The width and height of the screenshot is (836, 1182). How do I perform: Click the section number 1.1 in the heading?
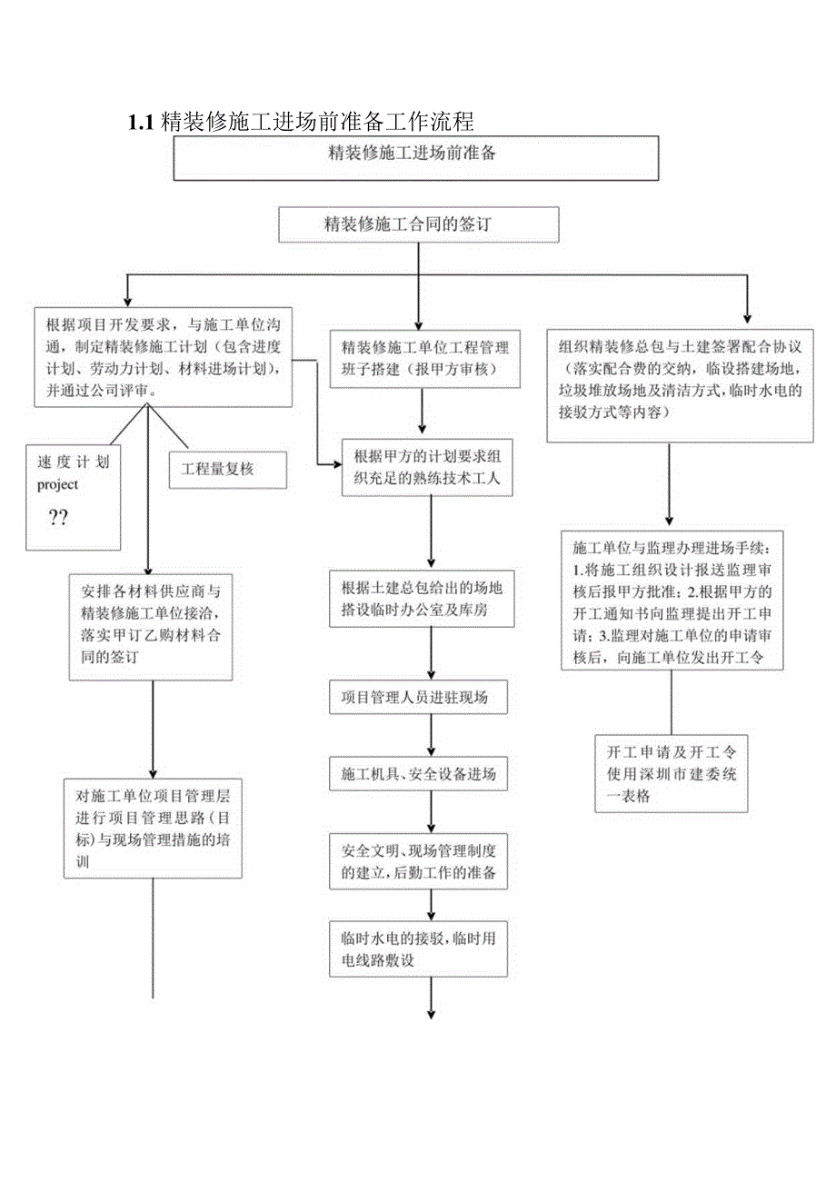(x=143, y=123)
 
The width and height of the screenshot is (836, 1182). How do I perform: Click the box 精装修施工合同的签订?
(x=418, y=224)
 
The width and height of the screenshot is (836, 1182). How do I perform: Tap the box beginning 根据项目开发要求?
(x=163, y=356)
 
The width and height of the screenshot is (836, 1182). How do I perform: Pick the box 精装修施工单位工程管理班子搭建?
(x=425, y=358)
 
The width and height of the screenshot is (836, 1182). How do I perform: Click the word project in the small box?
(x=58, y=484)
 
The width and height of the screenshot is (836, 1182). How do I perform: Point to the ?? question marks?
(x=58, y=518)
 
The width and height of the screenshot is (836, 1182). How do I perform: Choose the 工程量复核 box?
(x=227, y=470)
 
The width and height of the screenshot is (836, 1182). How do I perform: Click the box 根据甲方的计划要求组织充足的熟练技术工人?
(x=427, y=466)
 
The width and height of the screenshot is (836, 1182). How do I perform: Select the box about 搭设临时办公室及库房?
(x=423, y=598)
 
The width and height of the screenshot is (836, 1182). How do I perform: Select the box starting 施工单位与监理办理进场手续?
(x=672, y=603)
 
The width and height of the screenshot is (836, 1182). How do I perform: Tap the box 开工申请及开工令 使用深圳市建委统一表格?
(x=672, y=772)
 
